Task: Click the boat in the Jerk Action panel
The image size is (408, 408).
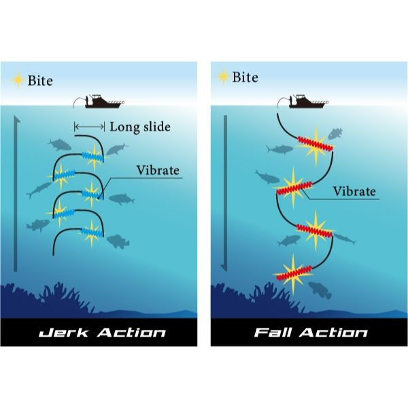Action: pos(105,101)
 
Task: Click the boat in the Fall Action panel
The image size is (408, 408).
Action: pos(309,101)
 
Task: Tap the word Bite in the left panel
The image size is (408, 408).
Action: pos(40,81)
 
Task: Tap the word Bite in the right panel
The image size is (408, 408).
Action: pos(245,78)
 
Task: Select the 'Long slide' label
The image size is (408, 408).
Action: pos(140,127)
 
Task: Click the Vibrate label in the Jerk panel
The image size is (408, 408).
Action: pos(158,171)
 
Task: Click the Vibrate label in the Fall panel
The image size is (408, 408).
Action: pos(354,191)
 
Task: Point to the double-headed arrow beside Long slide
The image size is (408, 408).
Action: pos(89,126)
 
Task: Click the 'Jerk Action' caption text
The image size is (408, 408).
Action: pos(102,333)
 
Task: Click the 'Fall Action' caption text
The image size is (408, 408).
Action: pos(311,333)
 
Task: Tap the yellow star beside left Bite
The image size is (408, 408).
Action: pos(18,80)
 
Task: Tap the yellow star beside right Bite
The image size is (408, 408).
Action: pos(223,76)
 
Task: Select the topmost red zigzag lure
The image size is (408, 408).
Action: pos(315,143)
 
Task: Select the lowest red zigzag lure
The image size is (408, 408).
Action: pos(294,273)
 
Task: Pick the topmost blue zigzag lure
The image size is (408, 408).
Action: pos(93,157)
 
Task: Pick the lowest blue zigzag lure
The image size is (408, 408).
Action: pos(92,232)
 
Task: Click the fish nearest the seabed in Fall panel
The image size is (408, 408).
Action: pos(320,290)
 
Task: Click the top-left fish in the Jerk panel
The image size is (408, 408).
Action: pos(60,145)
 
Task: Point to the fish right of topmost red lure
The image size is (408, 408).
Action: pos(335,134)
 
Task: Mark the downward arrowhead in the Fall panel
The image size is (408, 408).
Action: pos(224,269)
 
